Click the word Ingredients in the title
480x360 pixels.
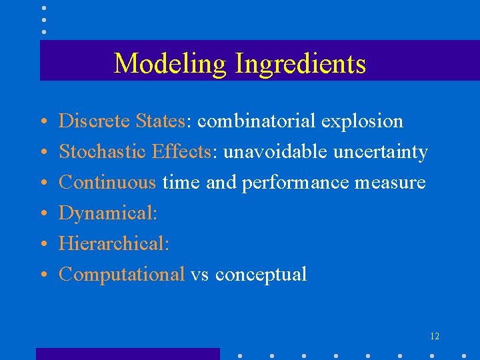pyautogui.click(x=300, y=64)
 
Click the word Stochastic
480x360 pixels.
pyautogui.click(x=102, y=152)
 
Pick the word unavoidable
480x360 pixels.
pyautogui.click(x=275, y=152)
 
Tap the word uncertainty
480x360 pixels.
pyautogui.click(x=380, y=152)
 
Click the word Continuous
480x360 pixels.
pyautogui.click(x=107, y=183)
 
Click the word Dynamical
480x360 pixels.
pyautogui.click(x=107, y=213)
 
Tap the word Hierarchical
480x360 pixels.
pyautogui.click(x=113, y=244)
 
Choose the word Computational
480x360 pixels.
pyautogui.click(x=121, y=275)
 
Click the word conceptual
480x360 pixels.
pyautogui.click(x=261, y=275)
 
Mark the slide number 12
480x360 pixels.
pyautogui.click(x=434, y=337)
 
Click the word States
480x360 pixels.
pyautogui.click(x=160, y=121)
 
